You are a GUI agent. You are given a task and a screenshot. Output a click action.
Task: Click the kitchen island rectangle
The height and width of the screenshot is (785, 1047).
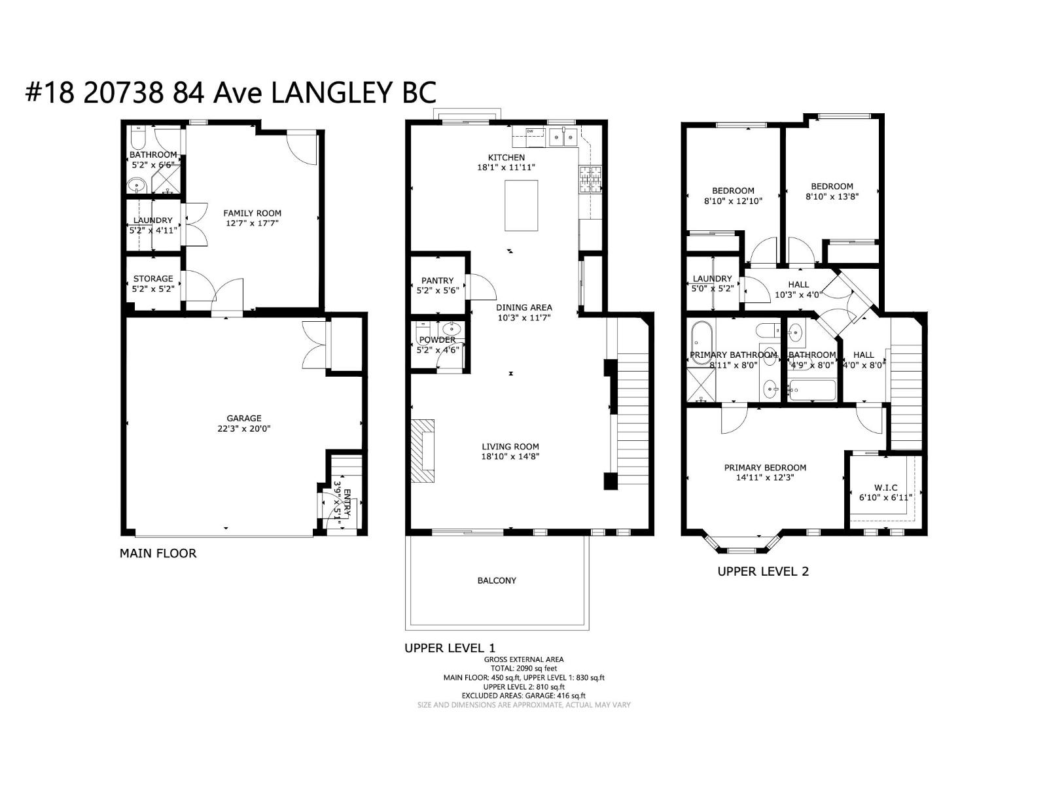tap(521, 205)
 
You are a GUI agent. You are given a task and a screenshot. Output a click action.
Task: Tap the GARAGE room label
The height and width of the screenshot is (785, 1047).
tap(244, 418)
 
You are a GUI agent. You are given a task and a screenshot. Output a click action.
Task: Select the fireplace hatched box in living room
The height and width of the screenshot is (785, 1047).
tap(423, 451)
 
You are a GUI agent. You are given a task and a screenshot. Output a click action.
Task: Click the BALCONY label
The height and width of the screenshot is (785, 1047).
tap(497, 580)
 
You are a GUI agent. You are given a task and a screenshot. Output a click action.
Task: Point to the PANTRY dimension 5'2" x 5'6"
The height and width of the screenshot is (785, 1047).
tap(437, 291)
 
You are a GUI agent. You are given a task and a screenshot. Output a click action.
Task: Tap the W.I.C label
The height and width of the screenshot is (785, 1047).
tap(885, 487)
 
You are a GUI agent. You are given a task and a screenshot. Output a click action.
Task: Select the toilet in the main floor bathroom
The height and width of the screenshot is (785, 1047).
tap(136, 138)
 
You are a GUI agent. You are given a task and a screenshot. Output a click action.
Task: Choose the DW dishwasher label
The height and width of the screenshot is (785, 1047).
tap(531, 131)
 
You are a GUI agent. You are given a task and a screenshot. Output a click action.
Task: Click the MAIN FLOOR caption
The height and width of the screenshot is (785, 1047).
tap(158, 553)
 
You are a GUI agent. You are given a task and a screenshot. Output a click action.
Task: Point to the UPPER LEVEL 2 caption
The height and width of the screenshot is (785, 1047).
tap(763, 571)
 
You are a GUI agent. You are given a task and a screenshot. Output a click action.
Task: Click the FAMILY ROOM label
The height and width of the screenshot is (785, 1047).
tap(252, 213)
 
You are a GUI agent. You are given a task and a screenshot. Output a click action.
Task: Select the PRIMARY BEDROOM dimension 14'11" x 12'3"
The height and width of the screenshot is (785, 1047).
tap(765, 478)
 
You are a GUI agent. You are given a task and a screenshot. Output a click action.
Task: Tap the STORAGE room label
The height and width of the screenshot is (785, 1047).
tap(152, 278)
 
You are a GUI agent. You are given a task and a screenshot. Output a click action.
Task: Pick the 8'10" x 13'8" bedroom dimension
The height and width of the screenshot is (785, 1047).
tap(832, 196)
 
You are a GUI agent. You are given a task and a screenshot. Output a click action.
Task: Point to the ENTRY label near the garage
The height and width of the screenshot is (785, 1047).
tap(347, 503)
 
